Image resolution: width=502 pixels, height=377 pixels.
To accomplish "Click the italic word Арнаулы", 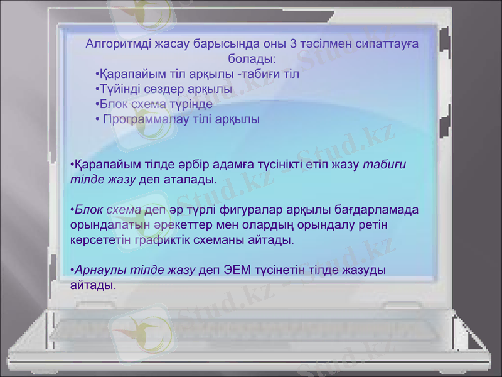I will (95, 270).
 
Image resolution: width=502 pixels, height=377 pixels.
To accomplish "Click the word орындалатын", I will (102, 224).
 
